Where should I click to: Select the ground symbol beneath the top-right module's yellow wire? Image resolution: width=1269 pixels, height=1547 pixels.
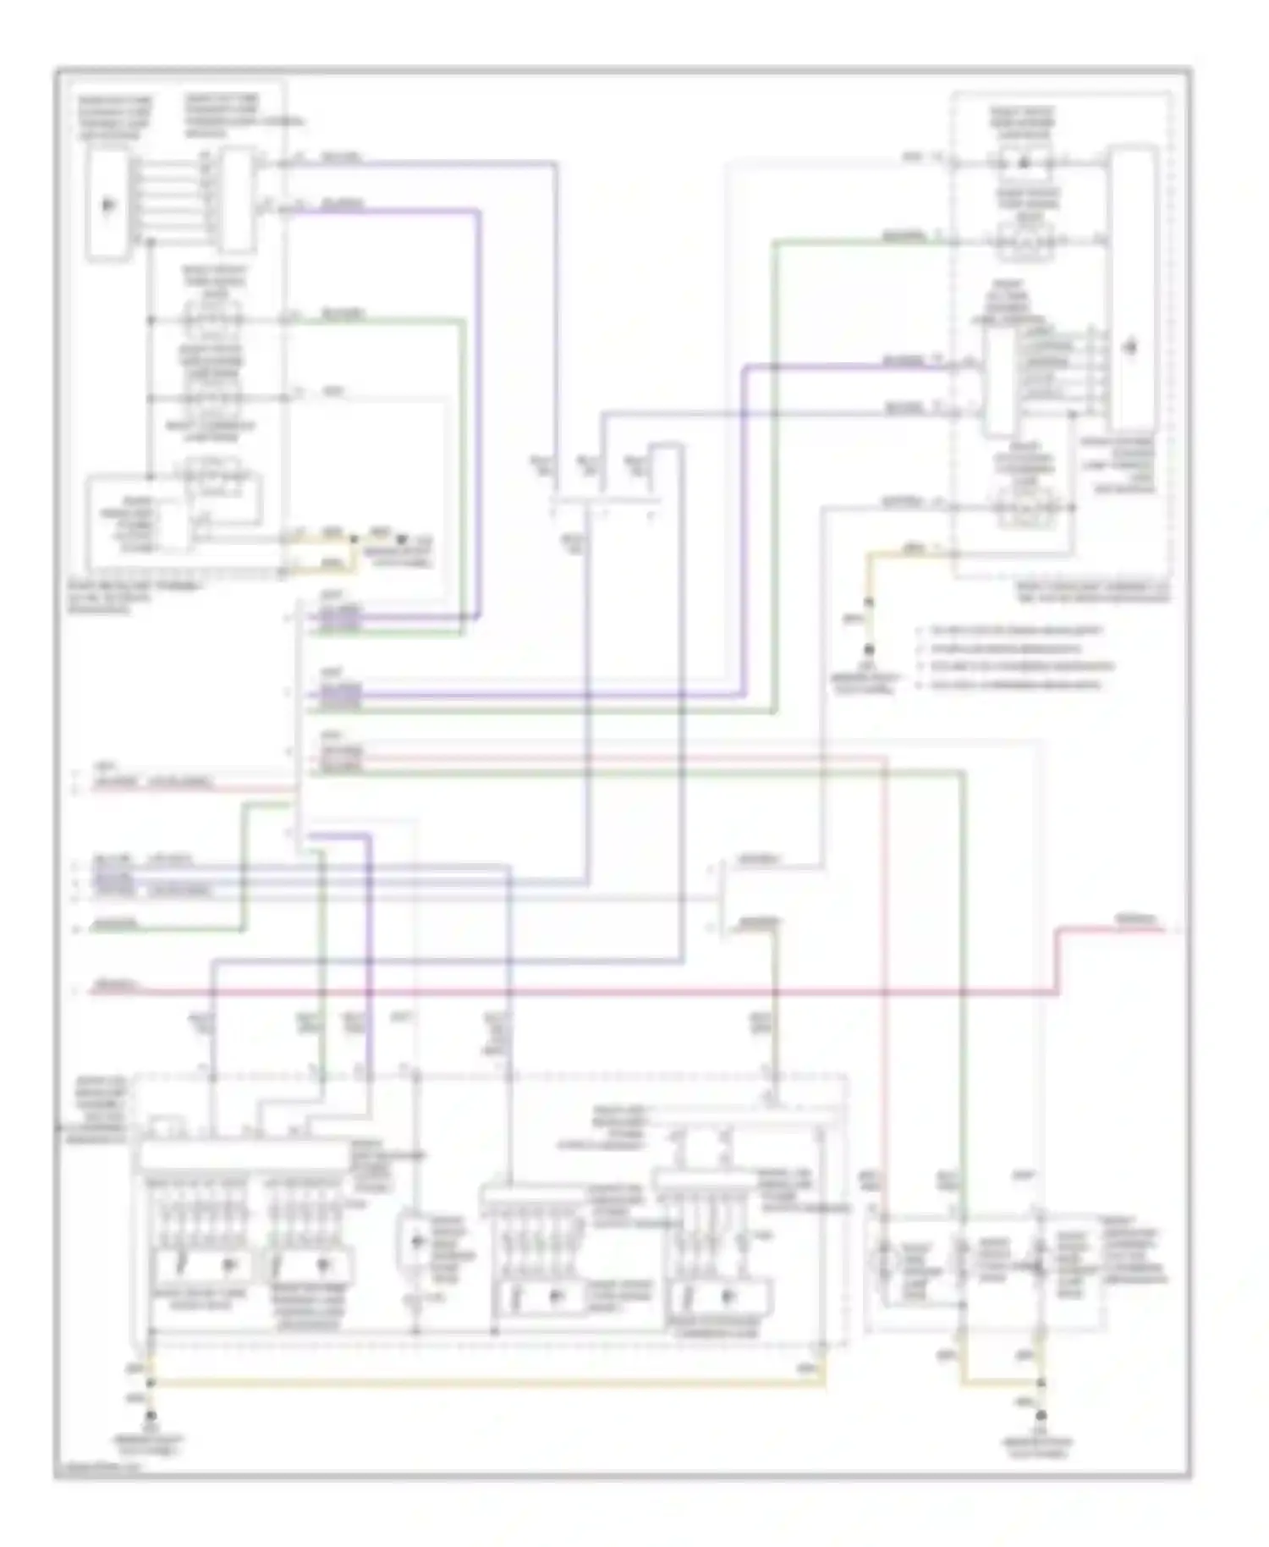tap(868, 651)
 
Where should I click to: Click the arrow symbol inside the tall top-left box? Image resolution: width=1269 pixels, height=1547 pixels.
tap(107, 205)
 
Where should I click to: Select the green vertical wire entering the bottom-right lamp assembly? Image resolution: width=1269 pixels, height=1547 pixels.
tap(964, 973)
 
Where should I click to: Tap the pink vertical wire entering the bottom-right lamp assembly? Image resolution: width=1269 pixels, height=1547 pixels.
tap(885, 973)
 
